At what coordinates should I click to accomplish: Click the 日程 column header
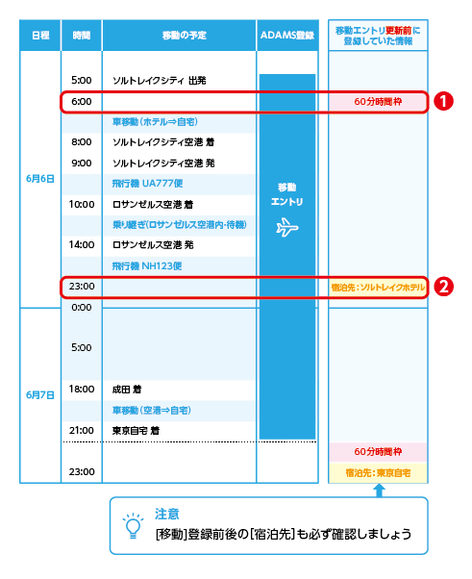point(40,36)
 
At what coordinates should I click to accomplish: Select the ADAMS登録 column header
point(287,36)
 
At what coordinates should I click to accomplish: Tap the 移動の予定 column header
point(184,36)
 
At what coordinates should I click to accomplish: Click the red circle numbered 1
point(443,101)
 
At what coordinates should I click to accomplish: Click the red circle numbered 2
point(443,287)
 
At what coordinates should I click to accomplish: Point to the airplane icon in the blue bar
point(287,227)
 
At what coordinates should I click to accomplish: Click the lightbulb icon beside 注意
point(133,526)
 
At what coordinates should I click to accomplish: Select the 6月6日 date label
point(40,179)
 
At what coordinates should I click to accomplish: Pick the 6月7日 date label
point(40,395)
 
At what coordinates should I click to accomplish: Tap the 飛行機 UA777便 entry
point(147,184)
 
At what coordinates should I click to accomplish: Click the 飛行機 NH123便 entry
point(147,265)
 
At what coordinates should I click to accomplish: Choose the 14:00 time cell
point(82,244)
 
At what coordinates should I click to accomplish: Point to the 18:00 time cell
point(82,389)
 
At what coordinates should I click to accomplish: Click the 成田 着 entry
point(127,390)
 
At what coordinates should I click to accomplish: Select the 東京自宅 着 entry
point(136,431)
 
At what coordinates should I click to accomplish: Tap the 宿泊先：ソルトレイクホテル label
point(378,288)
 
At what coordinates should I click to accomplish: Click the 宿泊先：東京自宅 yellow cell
point(378,472)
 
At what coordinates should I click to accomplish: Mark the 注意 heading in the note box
point(167,514)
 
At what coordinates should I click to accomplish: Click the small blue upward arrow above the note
point(379,491)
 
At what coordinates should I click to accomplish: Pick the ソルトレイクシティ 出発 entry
point(159,81)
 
